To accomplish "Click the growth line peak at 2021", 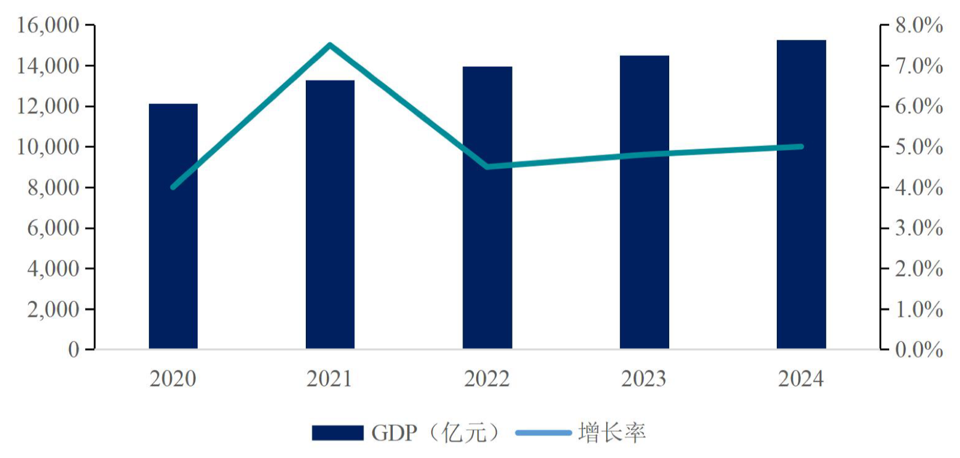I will (x=330, y=44).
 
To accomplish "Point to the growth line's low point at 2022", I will (x=487, y=166).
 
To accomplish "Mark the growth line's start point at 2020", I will (x=173, y=187).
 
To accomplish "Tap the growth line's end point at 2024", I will (x=801, y=146).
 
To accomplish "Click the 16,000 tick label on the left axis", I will (x=48, y=25).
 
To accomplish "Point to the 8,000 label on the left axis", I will (x=53, y=188).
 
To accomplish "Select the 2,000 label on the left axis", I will (x=53, y=310).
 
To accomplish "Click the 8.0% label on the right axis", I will (x=919, y=25).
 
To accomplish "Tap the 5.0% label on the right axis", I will (x=919, y=147).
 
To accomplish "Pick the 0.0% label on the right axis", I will (x=919, y=350).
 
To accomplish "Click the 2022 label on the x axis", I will (x=487, y=379).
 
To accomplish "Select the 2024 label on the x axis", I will (x=801, y=379).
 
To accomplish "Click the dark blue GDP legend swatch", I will (x=338, y=433).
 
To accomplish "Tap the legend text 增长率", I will (x=612, y=433).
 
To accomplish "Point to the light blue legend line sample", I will (x=543, y=433).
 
